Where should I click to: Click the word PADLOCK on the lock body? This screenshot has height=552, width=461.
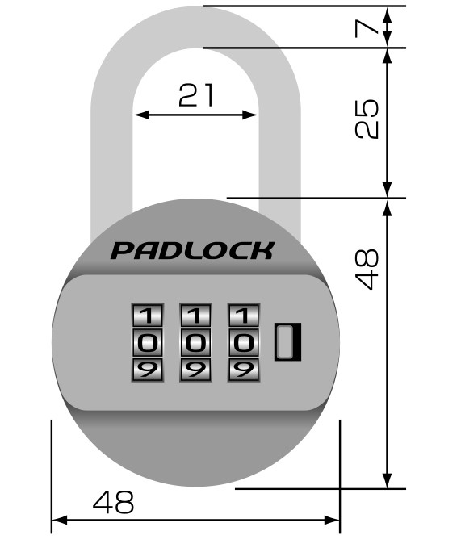pyautogui.click(x=192, y=251)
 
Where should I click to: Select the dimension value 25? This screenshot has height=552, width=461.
pyautogui.click(x=367, y=119)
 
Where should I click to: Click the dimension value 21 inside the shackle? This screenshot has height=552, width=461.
pyautogui.click(x=196, y=94)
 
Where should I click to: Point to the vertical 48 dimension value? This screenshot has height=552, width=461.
pyautogui.click(x=367, y=270)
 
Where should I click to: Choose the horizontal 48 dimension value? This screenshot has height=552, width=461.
pyautogui.click(x=113, y=502)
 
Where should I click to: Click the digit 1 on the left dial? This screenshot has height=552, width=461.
pyautogui.click(x=147, y=315)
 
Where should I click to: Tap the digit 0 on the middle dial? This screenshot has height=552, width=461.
pyautogui.click(x=195, y=342)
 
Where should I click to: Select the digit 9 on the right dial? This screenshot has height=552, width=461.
pyautogui.click(x=244, y=370)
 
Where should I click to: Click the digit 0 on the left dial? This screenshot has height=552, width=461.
pyautogui.click(x=147, y=342)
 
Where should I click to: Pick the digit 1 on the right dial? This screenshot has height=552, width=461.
pyautogui.click(x=244, y=315)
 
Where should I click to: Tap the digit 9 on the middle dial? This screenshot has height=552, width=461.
pyautogui.click(x=195, y=370)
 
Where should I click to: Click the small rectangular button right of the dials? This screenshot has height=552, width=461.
pyautogui.click(x=287, y=342)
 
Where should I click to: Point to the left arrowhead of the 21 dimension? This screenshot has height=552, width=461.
pyautogui.click(x=141, y=115)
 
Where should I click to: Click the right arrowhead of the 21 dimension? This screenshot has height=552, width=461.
pyautogui.click(x=250, y=115)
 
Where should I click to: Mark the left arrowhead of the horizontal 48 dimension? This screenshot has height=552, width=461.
pyautogui.click(x=60, y=520)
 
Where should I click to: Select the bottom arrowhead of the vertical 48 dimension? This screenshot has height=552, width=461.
pyautogui.click(x=387, y=480)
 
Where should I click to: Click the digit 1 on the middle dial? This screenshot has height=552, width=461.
pyautogui.click(x=195, y=315)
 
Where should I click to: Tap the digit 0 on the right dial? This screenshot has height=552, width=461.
pyautogui.click(x=244, y=342)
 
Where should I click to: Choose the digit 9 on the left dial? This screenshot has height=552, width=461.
pyautogui.click(x=147, y=370)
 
